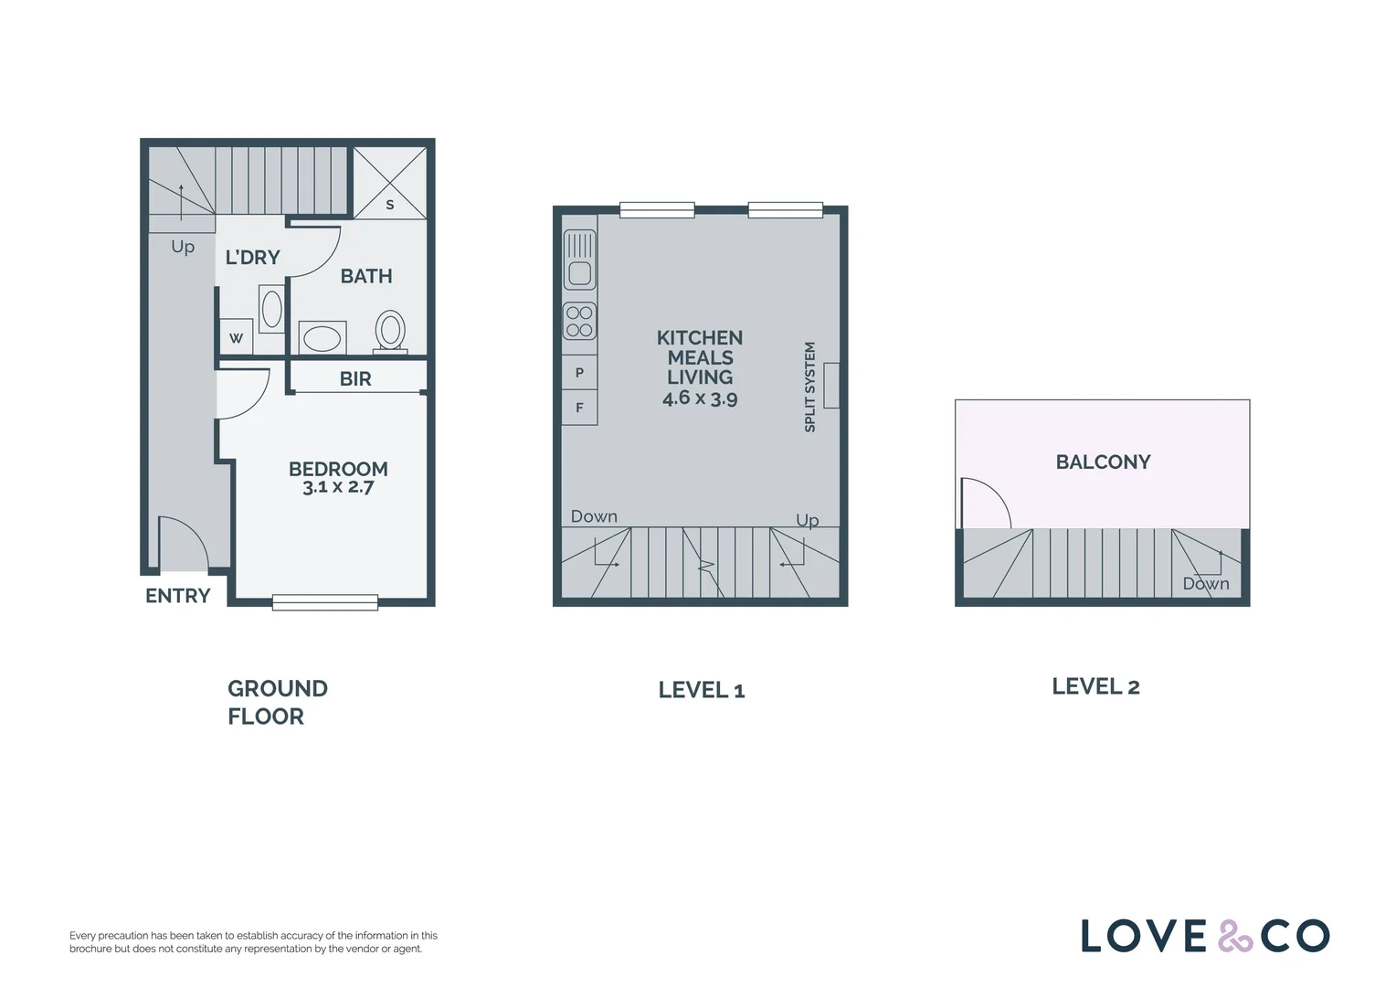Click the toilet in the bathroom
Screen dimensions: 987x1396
[390, 331]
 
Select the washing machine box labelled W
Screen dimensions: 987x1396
[236, 338]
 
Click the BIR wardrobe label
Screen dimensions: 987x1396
[355, 378]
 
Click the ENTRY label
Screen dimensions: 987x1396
[177, 596]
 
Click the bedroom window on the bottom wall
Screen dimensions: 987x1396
[324, 602]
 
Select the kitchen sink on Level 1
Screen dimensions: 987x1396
[580, 259]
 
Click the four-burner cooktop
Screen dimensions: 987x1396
[579, 321]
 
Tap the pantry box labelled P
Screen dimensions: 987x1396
[579, 373]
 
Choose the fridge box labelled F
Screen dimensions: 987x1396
[579, 408]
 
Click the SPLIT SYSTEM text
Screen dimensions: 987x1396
[809, 387]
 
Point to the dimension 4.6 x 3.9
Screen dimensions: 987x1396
[700, 398]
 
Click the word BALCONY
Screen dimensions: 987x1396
[1103, 462]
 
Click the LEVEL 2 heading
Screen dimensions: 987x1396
[1095, 686]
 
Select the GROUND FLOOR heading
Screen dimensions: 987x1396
[276, 702]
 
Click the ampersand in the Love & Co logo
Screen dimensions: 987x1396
[1234, 937]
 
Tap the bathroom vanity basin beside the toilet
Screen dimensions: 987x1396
[322, 338]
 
